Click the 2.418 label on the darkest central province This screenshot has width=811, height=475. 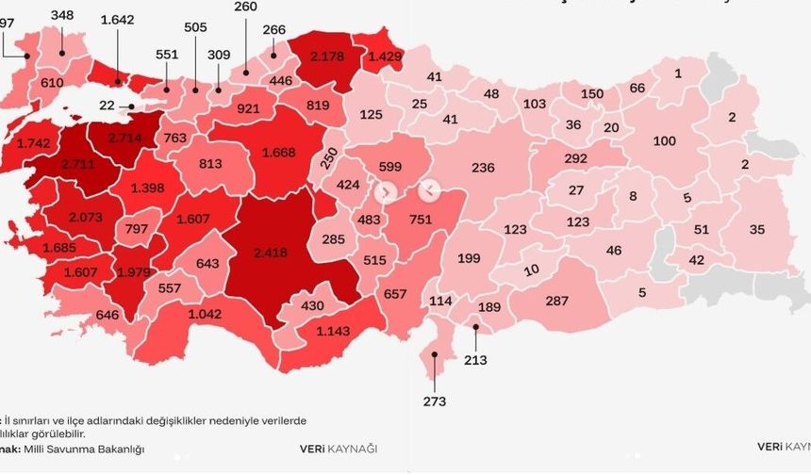click(273, 253)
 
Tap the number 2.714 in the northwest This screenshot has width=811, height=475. click(124, 138)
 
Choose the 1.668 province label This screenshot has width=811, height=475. click(283, 152)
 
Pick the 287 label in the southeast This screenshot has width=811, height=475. click(557, 301)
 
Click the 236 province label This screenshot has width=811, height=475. click(483, 168)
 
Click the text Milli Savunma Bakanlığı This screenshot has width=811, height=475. click(92, 449)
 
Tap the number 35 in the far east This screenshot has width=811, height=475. click(756, 229)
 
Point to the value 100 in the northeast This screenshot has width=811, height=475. click(664, 141)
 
